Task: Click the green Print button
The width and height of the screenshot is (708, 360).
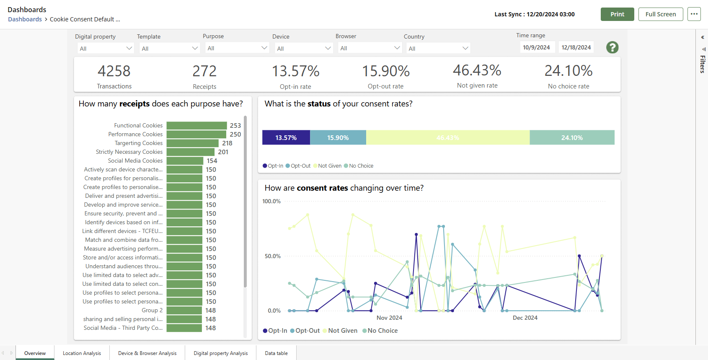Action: click(617, 14)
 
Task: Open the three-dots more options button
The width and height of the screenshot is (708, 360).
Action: click(694, 14)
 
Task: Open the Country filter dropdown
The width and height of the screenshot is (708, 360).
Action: click(438, 48)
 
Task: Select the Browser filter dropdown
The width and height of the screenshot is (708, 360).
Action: click(370, 48)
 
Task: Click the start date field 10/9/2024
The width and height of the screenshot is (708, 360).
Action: click(537, 47)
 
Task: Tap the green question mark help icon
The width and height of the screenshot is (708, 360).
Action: click(612, 47)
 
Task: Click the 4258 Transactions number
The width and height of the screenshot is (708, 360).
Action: click(114, 71)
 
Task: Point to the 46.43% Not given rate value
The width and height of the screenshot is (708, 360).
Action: click(477, 70)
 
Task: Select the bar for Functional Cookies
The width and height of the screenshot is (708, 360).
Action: click(196, 126)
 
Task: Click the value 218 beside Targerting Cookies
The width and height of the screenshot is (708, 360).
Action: click(227, 143)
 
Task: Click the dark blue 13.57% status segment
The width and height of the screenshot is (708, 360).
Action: click(286, 137)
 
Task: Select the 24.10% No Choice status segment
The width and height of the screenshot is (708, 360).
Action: click(572, 137)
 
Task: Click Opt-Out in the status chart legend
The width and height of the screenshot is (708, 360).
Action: click(300, 166)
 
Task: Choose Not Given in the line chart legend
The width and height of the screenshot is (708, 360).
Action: click(342, 331)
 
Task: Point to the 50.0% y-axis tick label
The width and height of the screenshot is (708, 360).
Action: click(272, 256)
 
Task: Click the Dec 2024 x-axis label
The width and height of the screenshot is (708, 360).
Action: click(525, 318)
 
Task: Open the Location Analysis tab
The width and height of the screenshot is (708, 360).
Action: click(82, 353)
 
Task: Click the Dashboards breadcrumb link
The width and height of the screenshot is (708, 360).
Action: click(25, 19)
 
